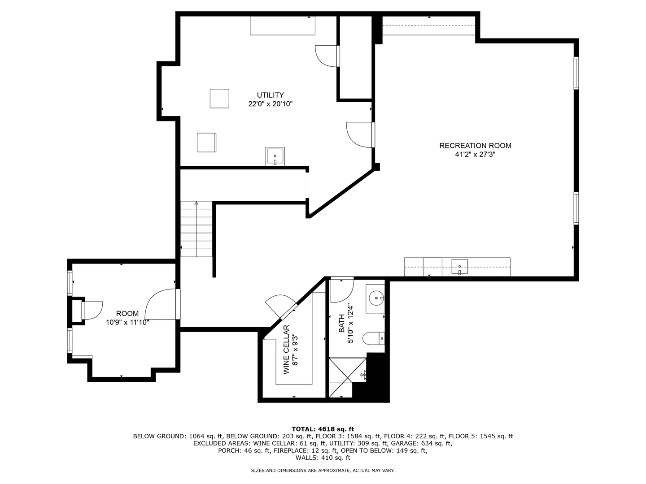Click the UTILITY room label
click(270, 95)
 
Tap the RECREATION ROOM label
click(475, 146)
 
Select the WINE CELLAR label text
click(286, 350)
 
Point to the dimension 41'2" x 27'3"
click(475, 155)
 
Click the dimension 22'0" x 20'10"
click(270, 104)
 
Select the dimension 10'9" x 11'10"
click(127, 322)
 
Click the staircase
click(196, 229)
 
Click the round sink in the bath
click(376, 298)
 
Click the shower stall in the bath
click(347, 376)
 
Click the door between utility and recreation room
click(361, 134)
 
